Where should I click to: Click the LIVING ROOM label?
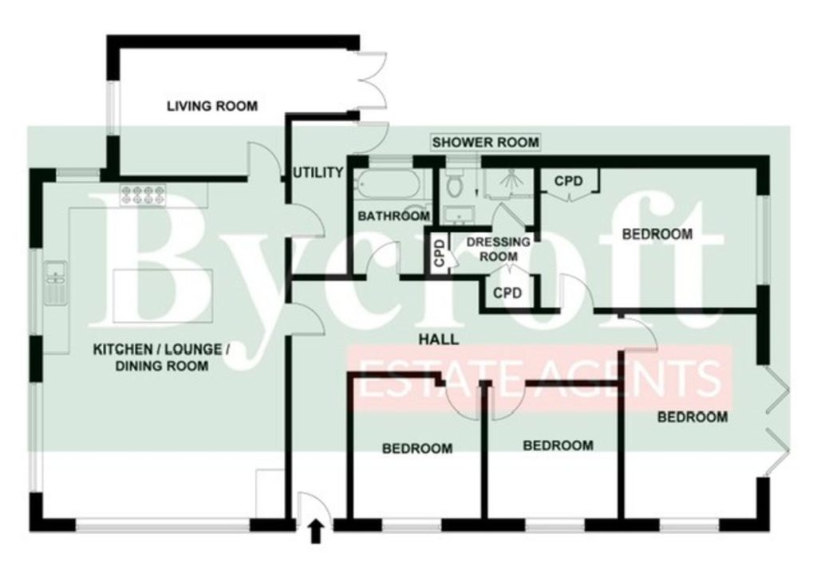coord(212,106)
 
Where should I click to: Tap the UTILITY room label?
coord(318,172)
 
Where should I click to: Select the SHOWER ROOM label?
coord(486,142)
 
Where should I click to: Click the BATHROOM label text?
coord(394,215)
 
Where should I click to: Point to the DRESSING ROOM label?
coord(499,249)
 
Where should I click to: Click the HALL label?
coord(439,340)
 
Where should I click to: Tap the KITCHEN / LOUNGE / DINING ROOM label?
coord(161,358)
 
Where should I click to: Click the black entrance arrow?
coord(316,533)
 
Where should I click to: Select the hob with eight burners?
coord(143,195)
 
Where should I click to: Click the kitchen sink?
coord(55,283)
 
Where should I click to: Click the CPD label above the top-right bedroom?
coord(568,181)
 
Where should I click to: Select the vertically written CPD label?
coord(440,253)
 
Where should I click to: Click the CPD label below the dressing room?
coord(507,293)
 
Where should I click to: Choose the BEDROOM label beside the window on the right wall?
coord(657,234)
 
